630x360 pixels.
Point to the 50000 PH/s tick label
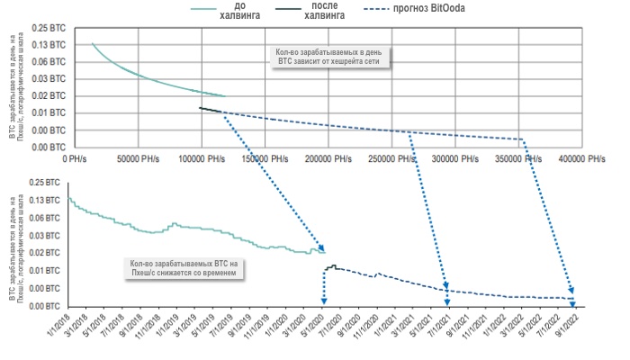click(x=137, y=157)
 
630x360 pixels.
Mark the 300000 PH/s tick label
click(x=457, y=157)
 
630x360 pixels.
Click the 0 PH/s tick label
click(x=77, y=157)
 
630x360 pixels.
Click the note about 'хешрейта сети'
click(x=329, y=57)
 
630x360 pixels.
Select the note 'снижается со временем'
click(x=181, y=267)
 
